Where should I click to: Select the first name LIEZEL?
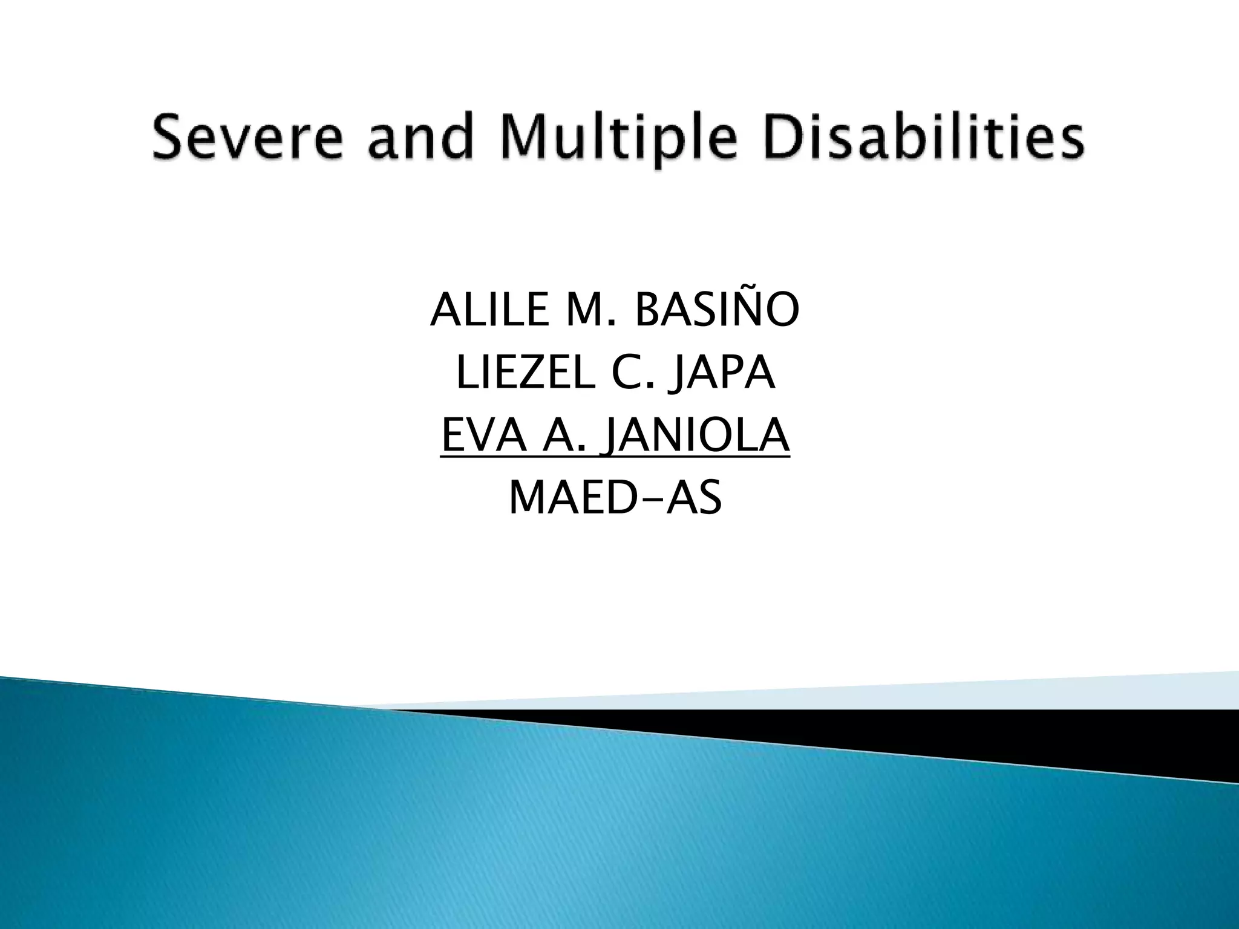(x=525, y=373)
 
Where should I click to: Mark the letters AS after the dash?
(x=694, y=498)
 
